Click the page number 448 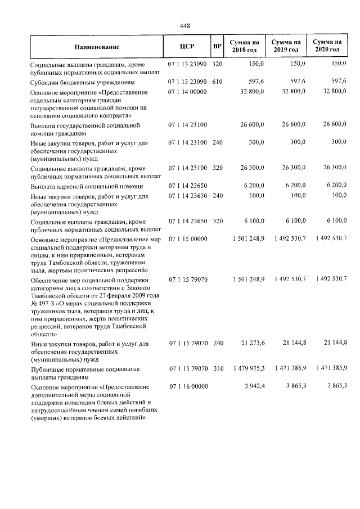pyautogui.click(x=184, y=25)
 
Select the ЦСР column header pyautogui.click(x=187, y=46)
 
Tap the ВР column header pyautogui.click(x=218, y=46)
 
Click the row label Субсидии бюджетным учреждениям pyautogui.click(x=83, y=82)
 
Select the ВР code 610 pyautogui.click(x=218, y=82)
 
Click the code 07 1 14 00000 pyautogui.click(x=187, y=91)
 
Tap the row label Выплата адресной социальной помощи pyautogui.click(x=83, y=185)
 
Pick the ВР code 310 pyautogui.click(x=218, y=368)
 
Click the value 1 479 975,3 pyautogui.click(x=247, y=368)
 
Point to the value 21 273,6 pyautogui.click(x=252, y=343)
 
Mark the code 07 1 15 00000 pyautogui.click(x=187, y=238)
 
